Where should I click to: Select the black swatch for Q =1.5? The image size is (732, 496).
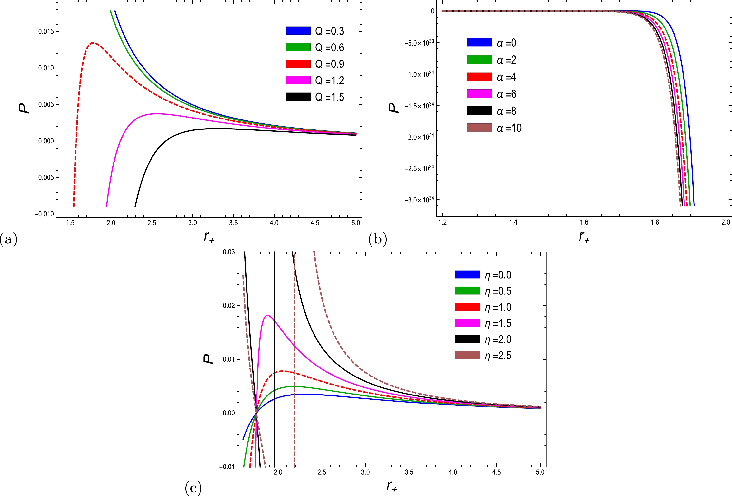point(298,97)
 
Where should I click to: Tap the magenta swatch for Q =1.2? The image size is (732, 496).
point(298,80)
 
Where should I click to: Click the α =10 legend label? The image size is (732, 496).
point(509,128)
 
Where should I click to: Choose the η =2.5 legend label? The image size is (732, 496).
point(498,356)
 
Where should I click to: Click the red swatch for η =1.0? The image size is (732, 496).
point(467,307)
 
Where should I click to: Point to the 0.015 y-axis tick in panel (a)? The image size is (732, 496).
point(46,31)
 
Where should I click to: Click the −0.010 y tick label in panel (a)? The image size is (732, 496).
point(44,214)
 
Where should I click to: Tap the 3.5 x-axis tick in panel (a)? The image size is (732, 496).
point(233,223)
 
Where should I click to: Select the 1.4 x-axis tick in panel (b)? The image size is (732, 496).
point(513,222)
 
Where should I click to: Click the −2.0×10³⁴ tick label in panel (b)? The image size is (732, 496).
point(419,137)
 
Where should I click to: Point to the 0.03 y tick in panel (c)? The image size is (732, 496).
point(229,252)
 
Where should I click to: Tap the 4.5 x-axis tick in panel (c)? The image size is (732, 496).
point(496,472)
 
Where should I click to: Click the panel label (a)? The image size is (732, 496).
point(9,239)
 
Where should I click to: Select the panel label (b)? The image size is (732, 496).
point(378,239)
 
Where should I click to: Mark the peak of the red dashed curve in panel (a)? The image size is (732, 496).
point(93,43)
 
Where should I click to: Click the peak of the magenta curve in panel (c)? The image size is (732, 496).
point(267,315)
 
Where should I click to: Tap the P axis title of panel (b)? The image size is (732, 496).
point(393,108)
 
